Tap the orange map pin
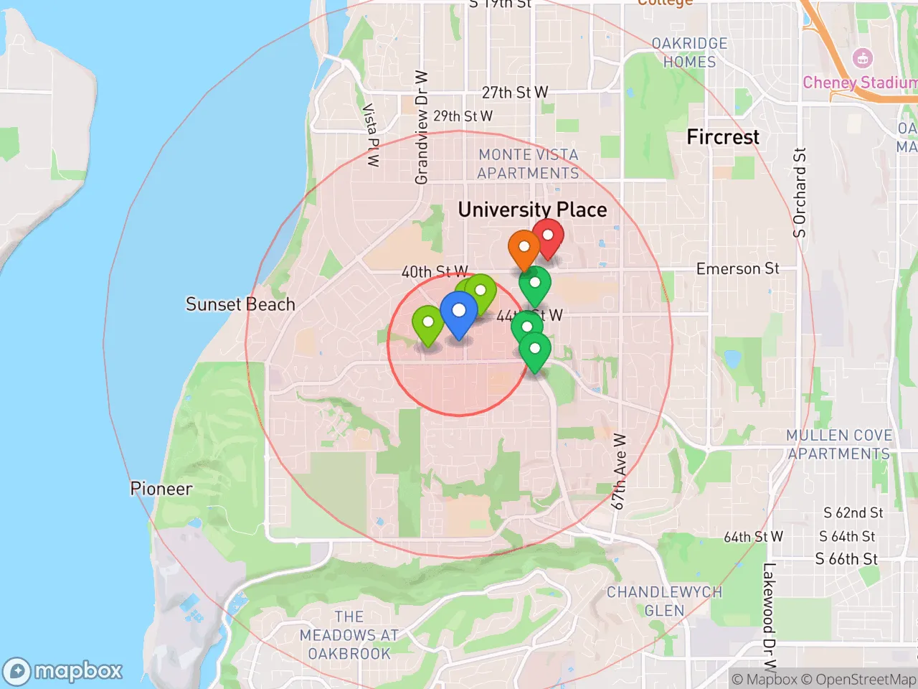[524, 248]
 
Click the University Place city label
[532, 210]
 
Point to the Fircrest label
[722, 137]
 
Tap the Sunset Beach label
[240, 304]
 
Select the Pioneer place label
[161, 489]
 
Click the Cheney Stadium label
[859, 83]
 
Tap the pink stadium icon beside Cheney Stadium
[862, 59]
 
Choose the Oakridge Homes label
[689, 52]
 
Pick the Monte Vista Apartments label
[528, 164]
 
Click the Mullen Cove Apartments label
[838, 444]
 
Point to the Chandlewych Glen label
[664, 601]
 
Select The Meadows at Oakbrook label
[349, 635]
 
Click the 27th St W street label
[514, 93]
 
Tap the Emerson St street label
[737, 268]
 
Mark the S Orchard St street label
[800, 192]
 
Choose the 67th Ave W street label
[619, 472]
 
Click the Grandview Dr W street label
[421, 127]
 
